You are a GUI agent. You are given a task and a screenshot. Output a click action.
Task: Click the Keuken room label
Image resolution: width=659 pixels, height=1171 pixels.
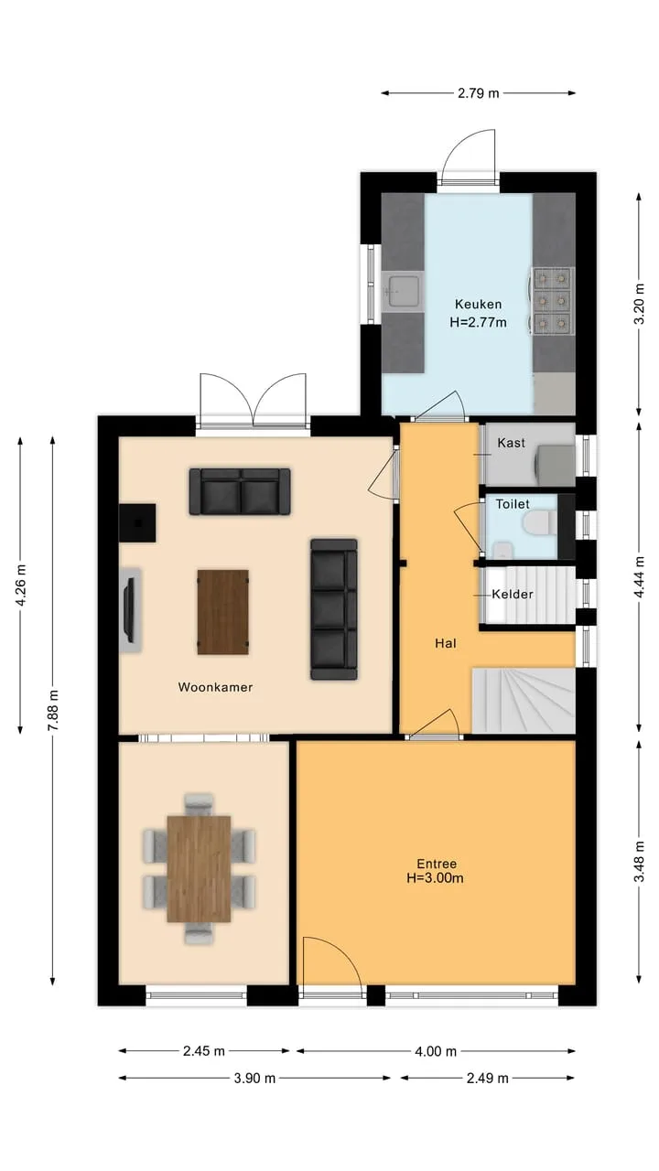click(x=478, y=304)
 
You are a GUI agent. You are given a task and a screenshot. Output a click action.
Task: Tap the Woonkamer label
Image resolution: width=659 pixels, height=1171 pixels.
click(x=215, y=687)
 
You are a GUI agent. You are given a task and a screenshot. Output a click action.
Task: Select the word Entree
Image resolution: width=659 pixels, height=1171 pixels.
click(x=437, y=864)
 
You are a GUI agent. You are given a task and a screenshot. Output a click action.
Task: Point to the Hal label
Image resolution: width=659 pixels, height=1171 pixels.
click(x=446, y=643)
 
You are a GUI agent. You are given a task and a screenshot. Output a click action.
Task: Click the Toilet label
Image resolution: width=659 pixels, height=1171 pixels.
click(x=513, y=504)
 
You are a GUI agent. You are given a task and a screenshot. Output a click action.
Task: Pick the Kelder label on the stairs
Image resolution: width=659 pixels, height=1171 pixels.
click(x=513, y=594)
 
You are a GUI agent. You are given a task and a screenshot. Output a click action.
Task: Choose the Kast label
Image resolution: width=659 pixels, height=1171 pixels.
click(x=511, y=443)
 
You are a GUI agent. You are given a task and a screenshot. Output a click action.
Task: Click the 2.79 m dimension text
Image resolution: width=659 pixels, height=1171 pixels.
click(x=479, y=93)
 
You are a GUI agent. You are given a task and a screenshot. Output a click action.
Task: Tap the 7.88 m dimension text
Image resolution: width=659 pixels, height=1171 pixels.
click(x=53, y=711)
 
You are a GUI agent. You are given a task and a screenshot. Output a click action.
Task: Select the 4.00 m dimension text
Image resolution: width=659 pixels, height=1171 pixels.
click(x=436, y=1051)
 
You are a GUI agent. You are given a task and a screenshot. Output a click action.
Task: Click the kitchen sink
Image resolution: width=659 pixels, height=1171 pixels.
click(x=402, y=291)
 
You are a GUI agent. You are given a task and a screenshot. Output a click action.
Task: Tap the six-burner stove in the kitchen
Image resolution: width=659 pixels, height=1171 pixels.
click(x=553, y=301)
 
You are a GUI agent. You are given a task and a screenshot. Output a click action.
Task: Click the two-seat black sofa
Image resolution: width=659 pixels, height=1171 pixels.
click(x=240, y=491)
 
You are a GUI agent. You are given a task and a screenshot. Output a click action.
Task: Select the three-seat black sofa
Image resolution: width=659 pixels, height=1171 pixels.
click(x=334, y=609)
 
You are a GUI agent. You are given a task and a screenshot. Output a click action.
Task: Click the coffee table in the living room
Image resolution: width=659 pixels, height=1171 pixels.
click(x=222, y=612)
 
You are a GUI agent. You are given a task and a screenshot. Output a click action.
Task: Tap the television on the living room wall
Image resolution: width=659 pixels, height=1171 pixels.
click(x=129, y=609)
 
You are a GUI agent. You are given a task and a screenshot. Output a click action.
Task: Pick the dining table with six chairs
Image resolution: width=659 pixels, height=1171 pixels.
click(x=200, y=868)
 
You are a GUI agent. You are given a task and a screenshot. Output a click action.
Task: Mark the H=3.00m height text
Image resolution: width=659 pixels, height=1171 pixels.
click(x=435, y=877)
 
